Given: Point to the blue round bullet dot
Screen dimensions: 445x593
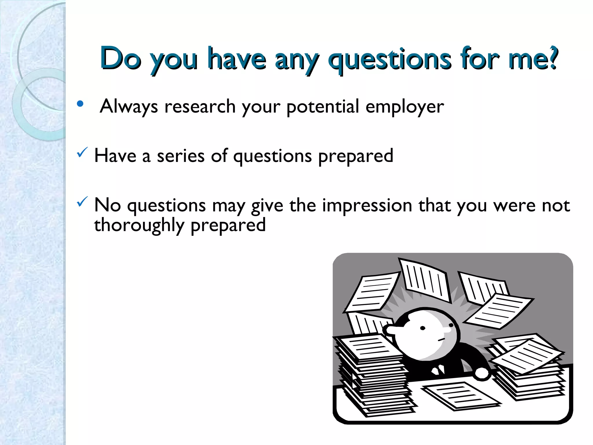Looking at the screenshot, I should click(80, 104).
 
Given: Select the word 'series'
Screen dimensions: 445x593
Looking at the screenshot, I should click(181, 156).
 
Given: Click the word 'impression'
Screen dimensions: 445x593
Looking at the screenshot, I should click(367, 205).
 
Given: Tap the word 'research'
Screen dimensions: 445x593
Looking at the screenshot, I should click(200, 106).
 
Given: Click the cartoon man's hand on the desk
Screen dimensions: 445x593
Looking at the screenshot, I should click(482, 373).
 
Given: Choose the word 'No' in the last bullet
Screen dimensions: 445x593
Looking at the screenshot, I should click(107, 205).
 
